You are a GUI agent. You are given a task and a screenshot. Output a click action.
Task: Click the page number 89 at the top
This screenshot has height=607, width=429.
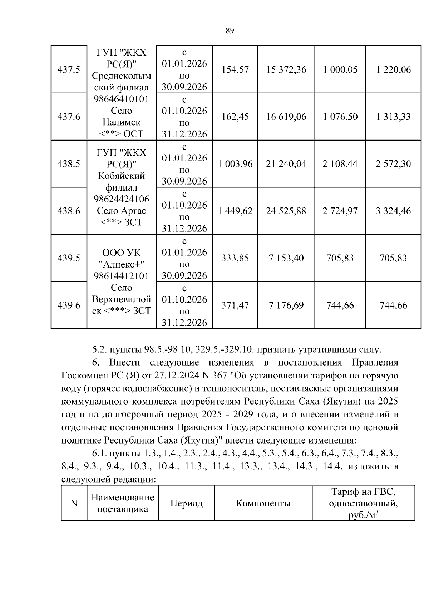click(x=230, y=31)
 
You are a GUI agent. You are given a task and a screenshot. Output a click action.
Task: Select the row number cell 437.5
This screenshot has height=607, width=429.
click(x=69, y=70)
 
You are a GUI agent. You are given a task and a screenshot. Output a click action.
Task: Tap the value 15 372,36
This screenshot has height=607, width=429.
click(x=286, y=70)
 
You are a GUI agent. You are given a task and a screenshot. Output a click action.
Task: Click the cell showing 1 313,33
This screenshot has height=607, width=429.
click(x=393, y=117)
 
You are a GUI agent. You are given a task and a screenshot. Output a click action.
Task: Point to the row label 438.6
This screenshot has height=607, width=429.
click(x=69, y=211)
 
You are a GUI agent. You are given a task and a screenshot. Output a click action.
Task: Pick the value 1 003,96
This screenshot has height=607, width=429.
click(x=235, y=164)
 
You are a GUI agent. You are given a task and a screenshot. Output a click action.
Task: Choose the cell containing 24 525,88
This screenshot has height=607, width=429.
click(x=286, y=211)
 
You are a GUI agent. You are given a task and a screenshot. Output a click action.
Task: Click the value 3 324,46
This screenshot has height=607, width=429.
click(x=393, y=211)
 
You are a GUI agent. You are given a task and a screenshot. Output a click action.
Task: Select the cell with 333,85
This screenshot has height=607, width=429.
click(x=235, y=258)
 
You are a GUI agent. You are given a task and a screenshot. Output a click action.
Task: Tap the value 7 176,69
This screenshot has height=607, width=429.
click(x=286, y=305)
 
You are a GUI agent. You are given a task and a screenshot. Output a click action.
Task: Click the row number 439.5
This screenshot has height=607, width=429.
click(x=69, y=258)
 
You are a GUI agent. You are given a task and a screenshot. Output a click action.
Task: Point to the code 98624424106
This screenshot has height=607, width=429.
click(x=122, y=199)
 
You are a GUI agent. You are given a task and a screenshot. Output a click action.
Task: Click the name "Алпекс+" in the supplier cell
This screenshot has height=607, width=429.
click(x=122, y=264)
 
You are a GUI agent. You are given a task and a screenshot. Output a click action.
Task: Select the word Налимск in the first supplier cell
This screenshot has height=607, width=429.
click(x=122, y=122)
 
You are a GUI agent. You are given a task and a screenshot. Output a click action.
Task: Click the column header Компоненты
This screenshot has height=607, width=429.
click(x=263, y=504)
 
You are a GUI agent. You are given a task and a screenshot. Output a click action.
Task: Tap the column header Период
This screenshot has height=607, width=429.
click(x=186, y=504)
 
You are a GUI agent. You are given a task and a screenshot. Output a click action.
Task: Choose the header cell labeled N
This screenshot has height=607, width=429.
click(x=74, y=504)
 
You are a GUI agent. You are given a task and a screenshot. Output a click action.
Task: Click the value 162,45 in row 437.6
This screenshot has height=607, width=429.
click(x=235, y=117)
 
